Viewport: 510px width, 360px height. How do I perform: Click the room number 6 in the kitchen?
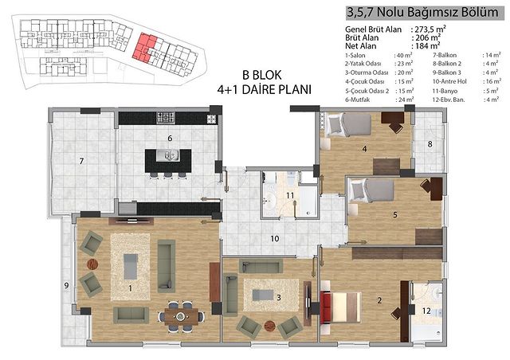170,139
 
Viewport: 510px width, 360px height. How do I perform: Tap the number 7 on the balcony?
81,161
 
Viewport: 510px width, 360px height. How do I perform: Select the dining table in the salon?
181,315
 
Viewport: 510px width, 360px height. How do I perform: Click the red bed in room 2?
340,307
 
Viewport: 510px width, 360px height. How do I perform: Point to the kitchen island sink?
167,155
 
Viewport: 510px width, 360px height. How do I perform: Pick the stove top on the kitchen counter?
166,118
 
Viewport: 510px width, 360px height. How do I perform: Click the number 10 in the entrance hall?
275,239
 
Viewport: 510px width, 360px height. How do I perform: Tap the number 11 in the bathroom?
290,195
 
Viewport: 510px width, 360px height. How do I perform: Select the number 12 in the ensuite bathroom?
426,311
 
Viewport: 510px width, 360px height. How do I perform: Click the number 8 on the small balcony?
430,143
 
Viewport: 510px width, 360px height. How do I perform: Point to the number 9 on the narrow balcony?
66,285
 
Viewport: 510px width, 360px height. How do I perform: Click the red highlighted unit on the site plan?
144,47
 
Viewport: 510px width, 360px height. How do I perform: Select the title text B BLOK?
262,75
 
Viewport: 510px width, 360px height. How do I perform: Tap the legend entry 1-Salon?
355,55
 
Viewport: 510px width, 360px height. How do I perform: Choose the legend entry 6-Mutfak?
358,100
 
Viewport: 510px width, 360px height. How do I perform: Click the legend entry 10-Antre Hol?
449,81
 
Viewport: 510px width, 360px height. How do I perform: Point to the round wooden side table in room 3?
270,326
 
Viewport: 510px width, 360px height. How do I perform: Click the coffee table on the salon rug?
131,267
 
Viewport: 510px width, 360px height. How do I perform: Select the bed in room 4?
349,124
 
